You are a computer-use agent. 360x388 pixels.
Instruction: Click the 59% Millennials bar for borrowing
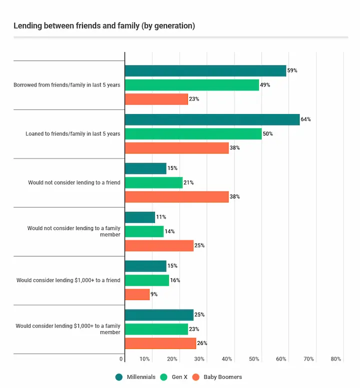(205, 71)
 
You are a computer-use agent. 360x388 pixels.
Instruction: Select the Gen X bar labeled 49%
(192, 85)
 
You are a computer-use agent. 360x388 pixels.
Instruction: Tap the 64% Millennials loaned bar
(212, 119)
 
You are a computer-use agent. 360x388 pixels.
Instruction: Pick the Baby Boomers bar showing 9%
(137, 294)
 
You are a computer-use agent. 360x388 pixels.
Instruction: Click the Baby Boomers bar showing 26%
(160, 343)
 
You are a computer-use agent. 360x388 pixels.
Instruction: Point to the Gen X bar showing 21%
(153, 182)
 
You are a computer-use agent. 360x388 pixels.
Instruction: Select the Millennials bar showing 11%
(140, 217)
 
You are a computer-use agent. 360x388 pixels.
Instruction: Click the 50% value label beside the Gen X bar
(267, 133)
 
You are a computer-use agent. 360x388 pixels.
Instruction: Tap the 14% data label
(169, 231)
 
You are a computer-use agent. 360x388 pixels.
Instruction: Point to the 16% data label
(175, 280)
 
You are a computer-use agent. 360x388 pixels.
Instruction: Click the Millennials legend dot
(119, 377)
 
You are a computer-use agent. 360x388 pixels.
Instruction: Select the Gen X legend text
(179, 377)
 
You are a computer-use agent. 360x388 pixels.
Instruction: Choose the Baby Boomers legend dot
(196, 377)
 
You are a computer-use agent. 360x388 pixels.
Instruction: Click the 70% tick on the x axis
(308, 359)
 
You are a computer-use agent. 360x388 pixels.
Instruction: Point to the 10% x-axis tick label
(144, 359)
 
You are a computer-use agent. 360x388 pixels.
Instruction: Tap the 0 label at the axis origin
(121, 359)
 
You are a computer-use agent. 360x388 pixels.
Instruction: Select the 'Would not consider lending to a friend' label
(74, 182)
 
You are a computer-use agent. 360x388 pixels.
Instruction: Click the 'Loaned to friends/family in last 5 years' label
(73, 134)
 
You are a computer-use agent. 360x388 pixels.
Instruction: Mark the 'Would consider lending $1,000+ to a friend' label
(68, 280)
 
